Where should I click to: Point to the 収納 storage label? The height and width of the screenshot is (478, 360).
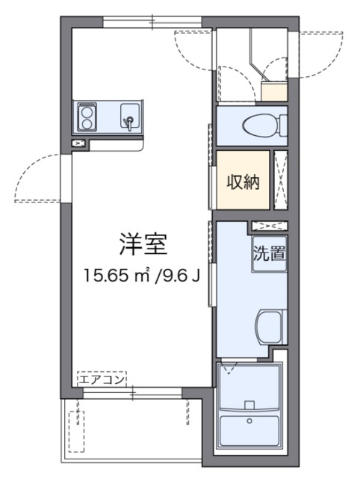[x=243, y=181]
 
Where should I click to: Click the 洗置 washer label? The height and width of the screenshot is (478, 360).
[x=268, y=252]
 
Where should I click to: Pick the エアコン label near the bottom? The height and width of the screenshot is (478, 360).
[x=102, y=379]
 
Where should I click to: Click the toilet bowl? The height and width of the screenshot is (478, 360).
[x=258, y=125]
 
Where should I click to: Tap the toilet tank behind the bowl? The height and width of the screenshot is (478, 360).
[x=281, y=125]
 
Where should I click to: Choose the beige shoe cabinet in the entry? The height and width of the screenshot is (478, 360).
[x=274, y=91]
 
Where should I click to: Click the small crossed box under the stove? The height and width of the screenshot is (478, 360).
[x=79, y=143]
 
